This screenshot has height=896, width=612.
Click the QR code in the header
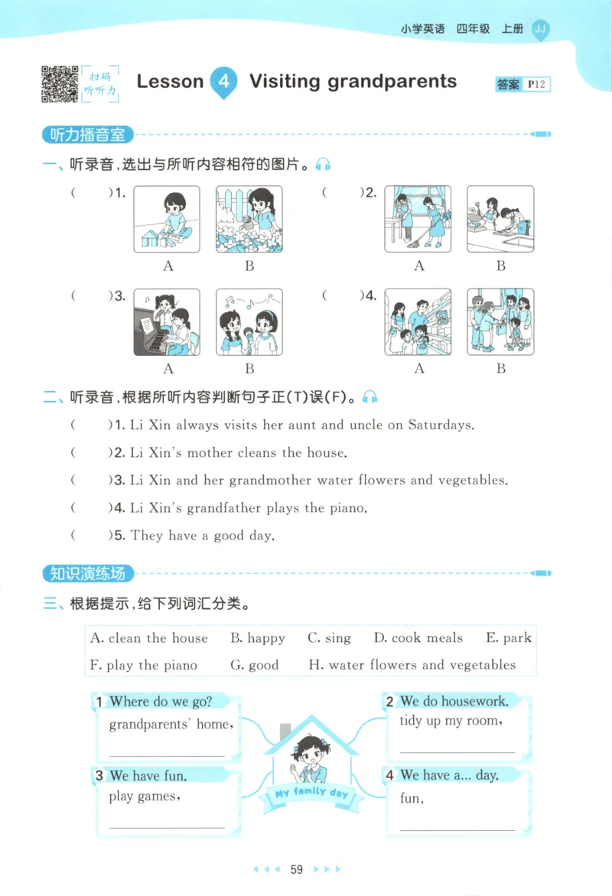(x=60, y=84)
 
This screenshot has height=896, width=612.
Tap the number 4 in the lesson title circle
(x=223, y=82)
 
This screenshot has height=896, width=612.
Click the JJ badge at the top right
(x=540, y=29)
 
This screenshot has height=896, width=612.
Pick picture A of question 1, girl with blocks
(x=168, y=219)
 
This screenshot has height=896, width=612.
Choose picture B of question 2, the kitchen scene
(x=500, y=219)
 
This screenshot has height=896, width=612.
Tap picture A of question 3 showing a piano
(x=168, y=322)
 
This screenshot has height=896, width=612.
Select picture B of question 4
(x=500, y=322)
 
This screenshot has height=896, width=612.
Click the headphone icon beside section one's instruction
(x=324, y=165)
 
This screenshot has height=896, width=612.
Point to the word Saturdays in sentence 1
(x=441, y=425)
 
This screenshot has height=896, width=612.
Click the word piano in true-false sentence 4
(x=348, y=508)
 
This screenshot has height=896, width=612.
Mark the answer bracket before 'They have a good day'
(x=91, y=536)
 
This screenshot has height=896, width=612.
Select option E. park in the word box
(x=509, y=638)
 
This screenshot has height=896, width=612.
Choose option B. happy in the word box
(x=258, y=638)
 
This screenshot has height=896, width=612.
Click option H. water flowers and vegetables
(x=412, y=665)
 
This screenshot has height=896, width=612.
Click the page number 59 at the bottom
(x=298, y=869)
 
